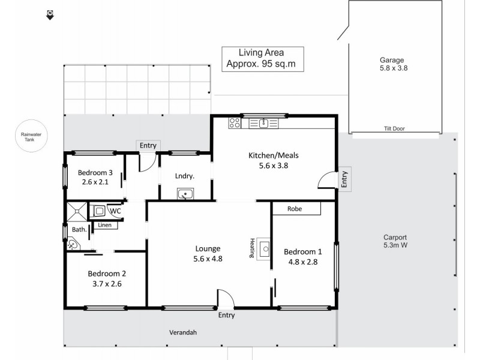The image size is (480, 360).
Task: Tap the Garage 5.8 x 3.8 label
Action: tap(392, 64)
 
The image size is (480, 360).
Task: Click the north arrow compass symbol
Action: tap(50, 14)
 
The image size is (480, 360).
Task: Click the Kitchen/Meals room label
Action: tap(273, 160)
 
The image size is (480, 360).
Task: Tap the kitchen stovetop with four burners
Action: tap(235, 124)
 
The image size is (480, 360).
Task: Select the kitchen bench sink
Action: tap(263, 124)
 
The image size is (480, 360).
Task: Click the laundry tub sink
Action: tap(185, 194)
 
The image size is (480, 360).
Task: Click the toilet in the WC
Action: tap(99, 211)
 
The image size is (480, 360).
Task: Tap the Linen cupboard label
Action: tap(105, 226)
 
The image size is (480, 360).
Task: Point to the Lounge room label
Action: tap(208, 253)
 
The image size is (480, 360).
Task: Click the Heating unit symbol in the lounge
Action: tap(263, 249)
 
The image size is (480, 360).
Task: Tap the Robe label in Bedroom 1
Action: tap(295, 209)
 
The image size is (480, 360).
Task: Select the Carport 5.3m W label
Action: tap(395, 241)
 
